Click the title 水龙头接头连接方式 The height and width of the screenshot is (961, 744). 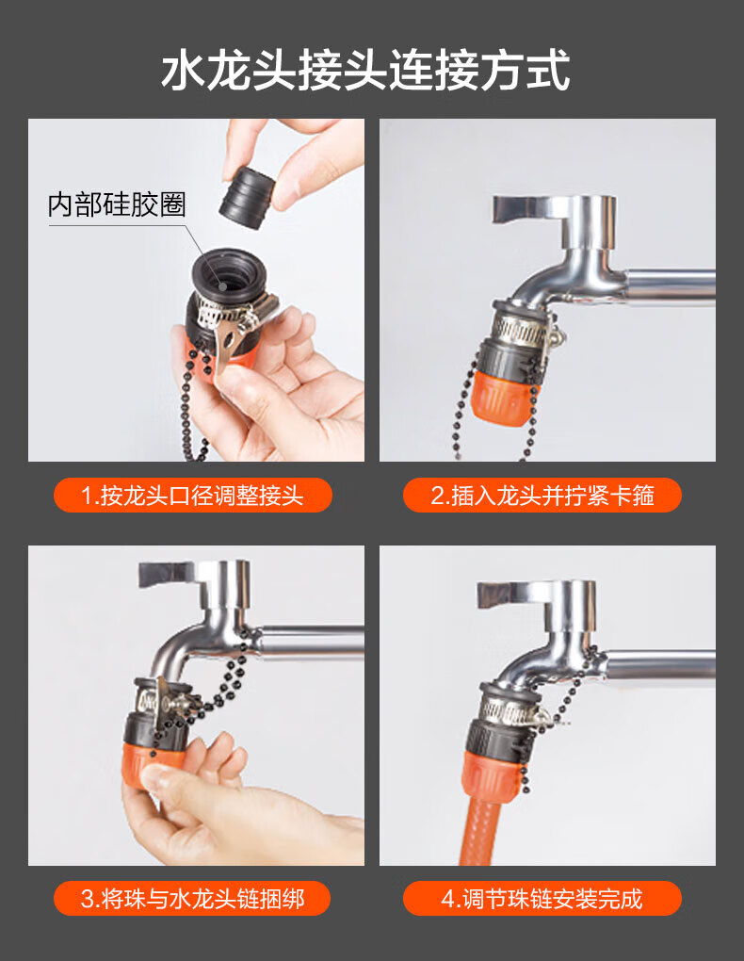click(365, 71)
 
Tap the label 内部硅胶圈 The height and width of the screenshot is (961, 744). click(117, 204)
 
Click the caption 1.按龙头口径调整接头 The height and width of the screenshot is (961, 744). click(192, 496)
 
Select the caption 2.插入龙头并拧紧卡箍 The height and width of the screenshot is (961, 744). click(542, 496)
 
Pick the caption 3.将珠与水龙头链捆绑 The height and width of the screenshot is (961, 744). click(192, 899)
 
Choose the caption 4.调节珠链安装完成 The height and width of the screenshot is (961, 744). click(542, 899)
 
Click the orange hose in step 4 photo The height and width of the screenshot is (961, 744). click(494, 830)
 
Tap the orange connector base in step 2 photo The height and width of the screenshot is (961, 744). click(498, 397)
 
